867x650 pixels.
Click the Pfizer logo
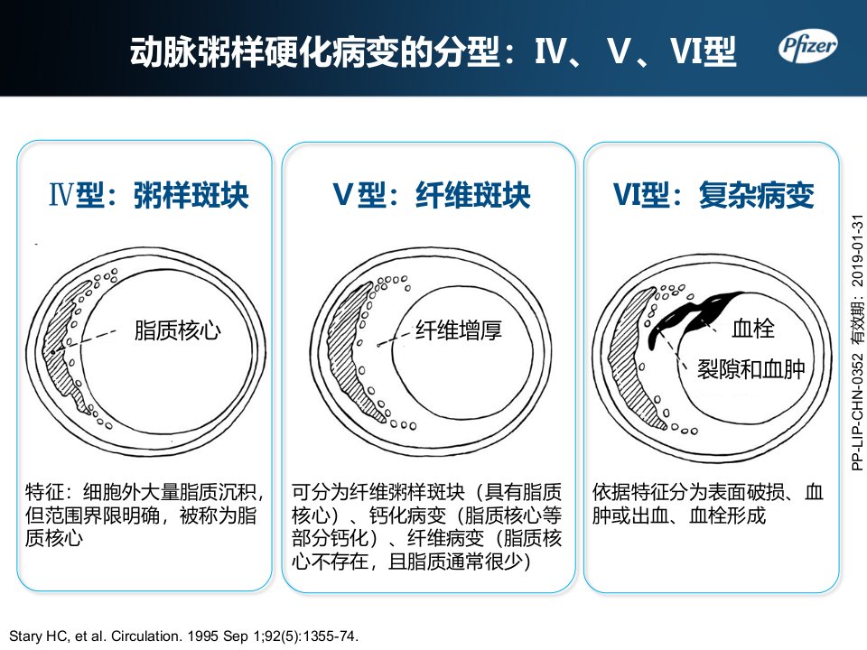(x=807, y=46)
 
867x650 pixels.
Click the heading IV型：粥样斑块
(x=149, y=195)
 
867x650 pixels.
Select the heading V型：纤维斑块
(x=432, y=195)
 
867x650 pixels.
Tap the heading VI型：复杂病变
(x=713, y=195)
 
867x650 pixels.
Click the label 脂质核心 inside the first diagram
(x=178, y=330)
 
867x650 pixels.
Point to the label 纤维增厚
(x=459, y=330)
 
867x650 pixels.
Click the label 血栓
(x=753, y=329)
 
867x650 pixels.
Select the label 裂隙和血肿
(x=750, y=368)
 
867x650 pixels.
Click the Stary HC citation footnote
(x=184, y=636)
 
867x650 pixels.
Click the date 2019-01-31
(x=857, y=250)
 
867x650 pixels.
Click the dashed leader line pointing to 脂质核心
(x=84, y=341)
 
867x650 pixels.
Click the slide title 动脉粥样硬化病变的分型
(x=315, y=52)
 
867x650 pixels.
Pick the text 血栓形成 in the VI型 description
(x=728, y=515)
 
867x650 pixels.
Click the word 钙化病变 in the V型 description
(x=407, y=515)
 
